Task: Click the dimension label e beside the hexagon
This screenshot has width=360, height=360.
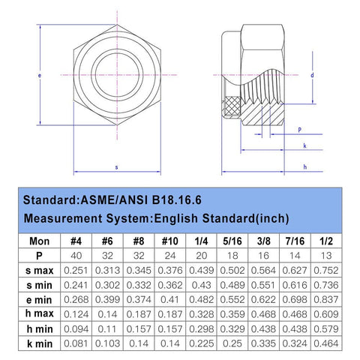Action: [39, 75]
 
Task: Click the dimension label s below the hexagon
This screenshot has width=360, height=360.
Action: [116, 167]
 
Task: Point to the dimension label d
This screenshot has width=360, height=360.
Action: [312, 75]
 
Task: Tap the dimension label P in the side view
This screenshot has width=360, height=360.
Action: [300, 130]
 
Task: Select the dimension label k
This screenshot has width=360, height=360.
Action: [304, 145]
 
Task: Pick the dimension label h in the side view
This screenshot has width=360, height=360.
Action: [305, 166]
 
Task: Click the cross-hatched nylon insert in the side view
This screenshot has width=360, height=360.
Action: [232, 106]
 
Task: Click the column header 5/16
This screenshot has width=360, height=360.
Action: [232, 241]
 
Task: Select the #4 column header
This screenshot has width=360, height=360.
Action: [76, 241]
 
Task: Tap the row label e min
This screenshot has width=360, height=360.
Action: [39, 300]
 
